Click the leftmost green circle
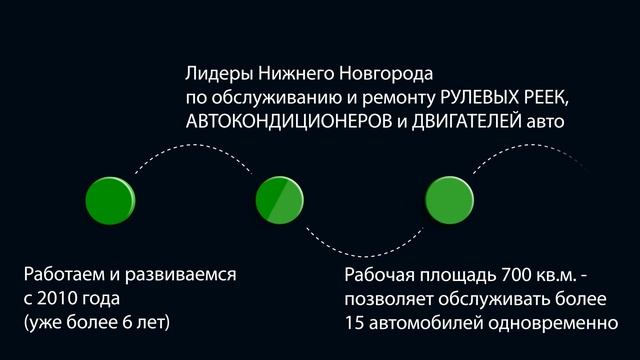point(110,199)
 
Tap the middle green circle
point(279,199)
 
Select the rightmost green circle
point(448,199)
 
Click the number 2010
point(62,298)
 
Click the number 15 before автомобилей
point(354,322)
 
